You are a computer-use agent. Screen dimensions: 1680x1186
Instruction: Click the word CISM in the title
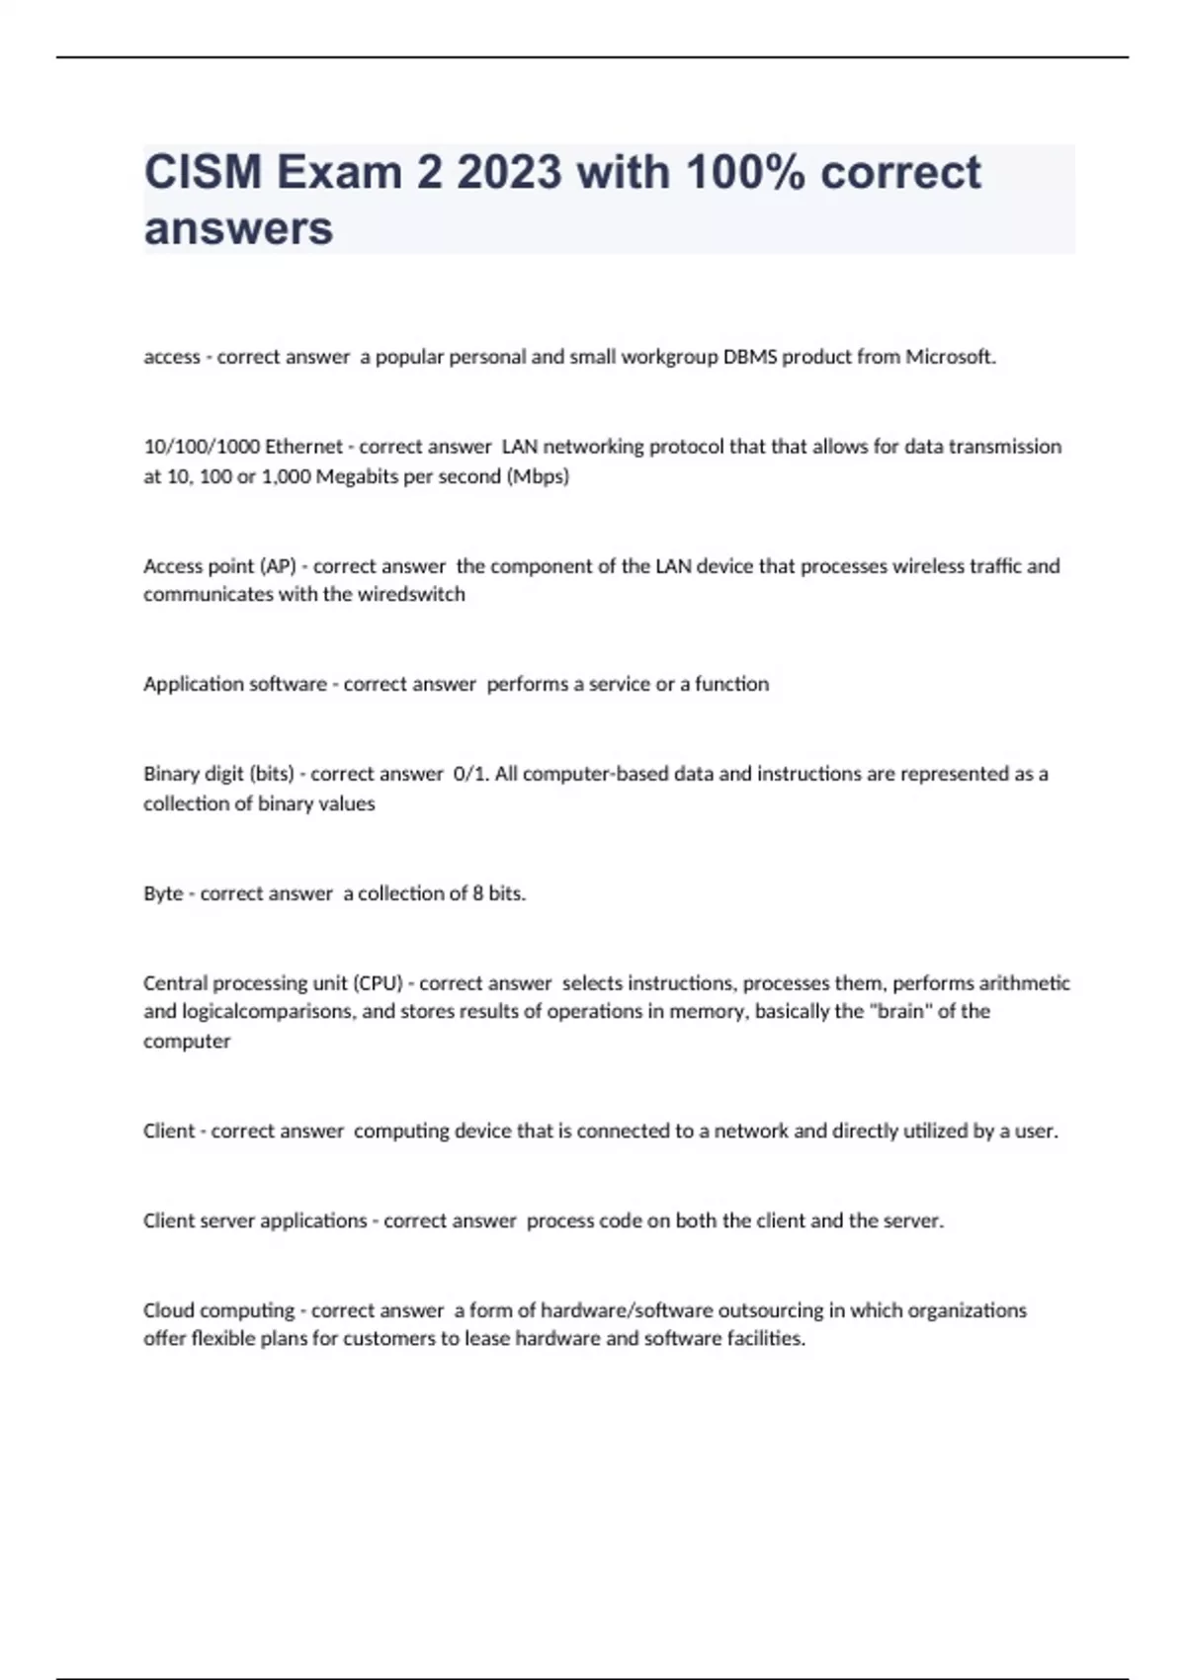(x=203, y=172)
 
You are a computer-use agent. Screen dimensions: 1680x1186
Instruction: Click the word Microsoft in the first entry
(x=950, y=357)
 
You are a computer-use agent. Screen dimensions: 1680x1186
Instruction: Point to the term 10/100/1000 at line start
(x=202, y=447)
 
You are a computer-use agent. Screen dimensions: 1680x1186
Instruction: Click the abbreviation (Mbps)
(x=538, y=476)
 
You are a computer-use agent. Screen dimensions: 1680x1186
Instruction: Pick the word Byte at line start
(x=163, y=893)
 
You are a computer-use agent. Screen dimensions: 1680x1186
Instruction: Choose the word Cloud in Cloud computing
(x=169, y=1310)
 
